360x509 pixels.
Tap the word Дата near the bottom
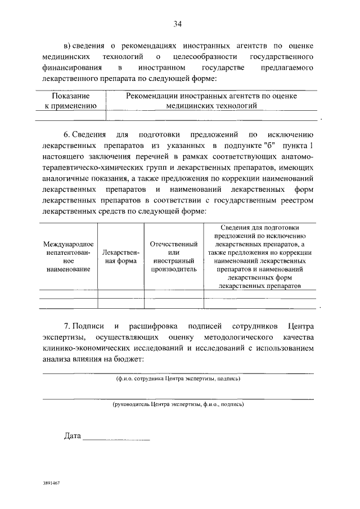pos(73,436)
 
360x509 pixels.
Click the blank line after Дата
pos(116,437)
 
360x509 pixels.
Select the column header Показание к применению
pos(71,101)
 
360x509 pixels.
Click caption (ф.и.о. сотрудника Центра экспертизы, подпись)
pos(178,379)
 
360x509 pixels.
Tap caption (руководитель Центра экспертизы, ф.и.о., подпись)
pos(178,404)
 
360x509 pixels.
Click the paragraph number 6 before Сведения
pos(66,135)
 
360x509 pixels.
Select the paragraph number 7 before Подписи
pos(66,326)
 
